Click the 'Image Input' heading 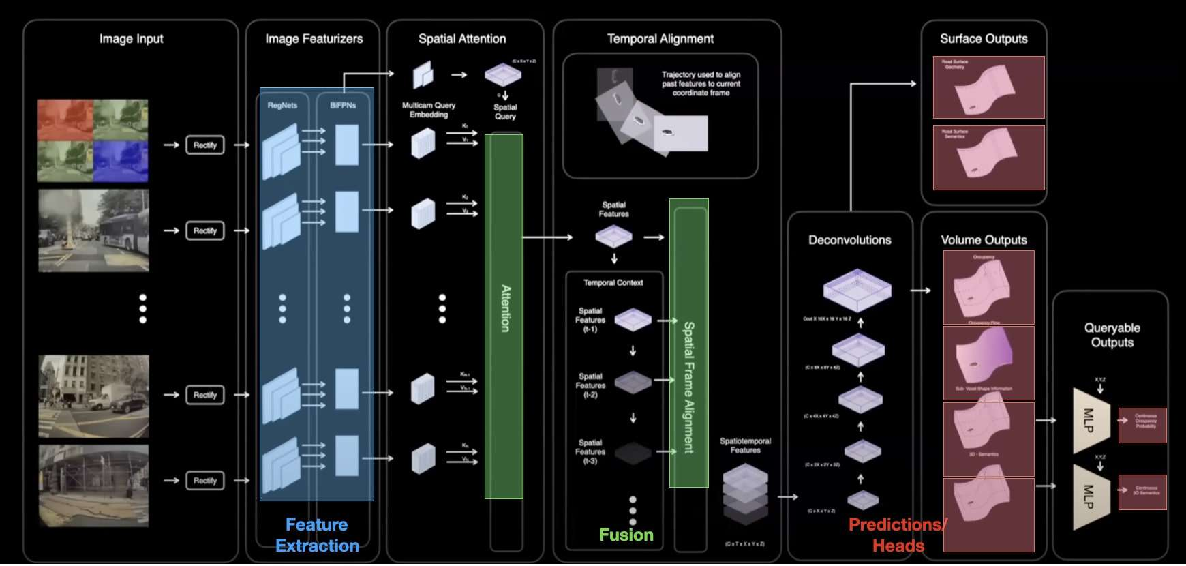coord(131,39)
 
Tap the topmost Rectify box coord(204,145)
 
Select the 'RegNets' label coord(282,106)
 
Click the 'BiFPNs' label coord(343,106)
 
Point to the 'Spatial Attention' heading coord(462,39)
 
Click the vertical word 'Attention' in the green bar coord(505,308)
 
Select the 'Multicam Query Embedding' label coord(429,110)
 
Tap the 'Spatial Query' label coord(505,112)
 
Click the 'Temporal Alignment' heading coord(660,39)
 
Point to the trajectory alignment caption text coord(701,84)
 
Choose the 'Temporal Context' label coord(613,282)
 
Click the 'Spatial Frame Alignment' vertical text coord(689,387)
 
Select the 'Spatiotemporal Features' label coord(745,445)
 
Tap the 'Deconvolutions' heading coord(849,240)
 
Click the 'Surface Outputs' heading coord(984,39)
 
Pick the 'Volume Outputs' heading coord(984,240)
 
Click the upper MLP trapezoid coord(1090,420)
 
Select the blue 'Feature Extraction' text coord(317,535)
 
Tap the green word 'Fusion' coord(626,535)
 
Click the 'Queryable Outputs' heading coord(1112,335)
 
